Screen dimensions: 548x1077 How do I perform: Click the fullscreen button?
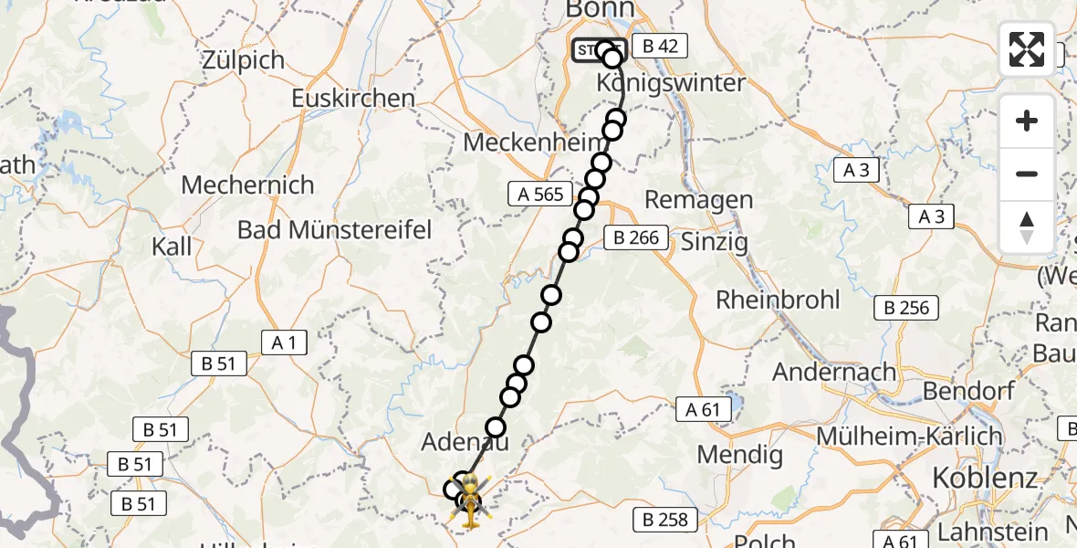(1027, 49)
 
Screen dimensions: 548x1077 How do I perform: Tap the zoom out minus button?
(1027, 174)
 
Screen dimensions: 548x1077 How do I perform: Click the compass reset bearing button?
(1027, 226)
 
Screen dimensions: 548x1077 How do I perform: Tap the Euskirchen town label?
(353, 99)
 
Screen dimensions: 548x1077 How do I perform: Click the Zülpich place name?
(244, 60)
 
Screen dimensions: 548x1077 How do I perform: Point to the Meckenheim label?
(535, 142)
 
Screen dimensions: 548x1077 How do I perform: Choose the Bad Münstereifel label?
(335, 229)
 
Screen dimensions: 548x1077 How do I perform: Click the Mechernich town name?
(247, 184)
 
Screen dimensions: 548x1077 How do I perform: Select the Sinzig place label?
(714, 242)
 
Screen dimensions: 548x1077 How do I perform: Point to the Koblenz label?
(985, 478)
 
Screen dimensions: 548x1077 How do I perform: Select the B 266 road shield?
(636, 237)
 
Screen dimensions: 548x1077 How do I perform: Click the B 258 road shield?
(665, 521)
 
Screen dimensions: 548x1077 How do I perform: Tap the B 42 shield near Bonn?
(659, 46)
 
